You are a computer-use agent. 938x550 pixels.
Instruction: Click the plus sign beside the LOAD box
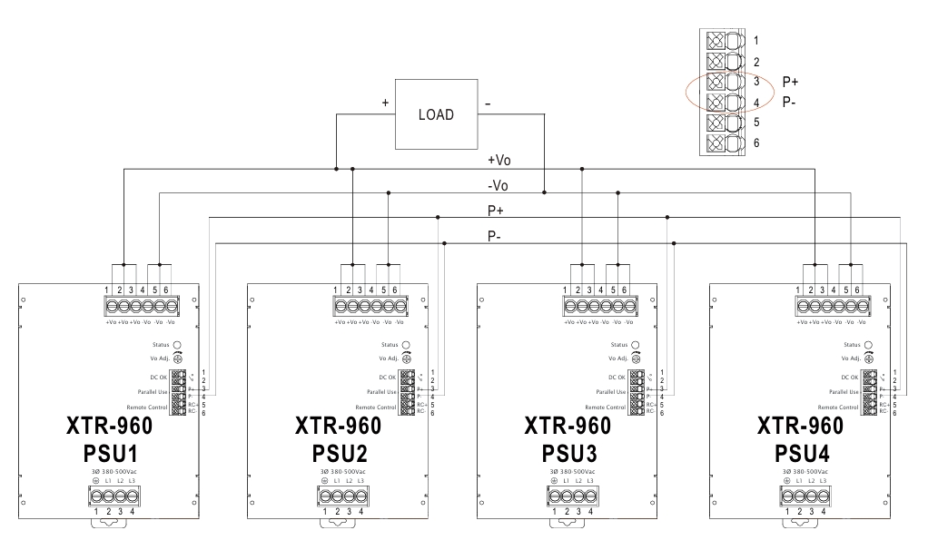(x=386, y=103)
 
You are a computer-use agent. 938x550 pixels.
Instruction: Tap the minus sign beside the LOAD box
(x=489, y=103)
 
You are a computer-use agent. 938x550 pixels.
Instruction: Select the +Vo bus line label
(x=499, y=160)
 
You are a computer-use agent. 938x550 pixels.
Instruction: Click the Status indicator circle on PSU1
(x=177, y=345)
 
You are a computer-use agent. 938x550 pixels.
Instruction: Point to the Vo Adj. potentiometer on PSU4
(x=865, y=358)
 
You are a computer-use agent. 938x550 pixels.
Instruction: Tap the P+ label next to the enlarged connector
(x=790, y=82)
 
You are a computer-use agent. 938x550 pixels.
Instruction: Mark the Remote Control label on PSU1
(x=148, y=408)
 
